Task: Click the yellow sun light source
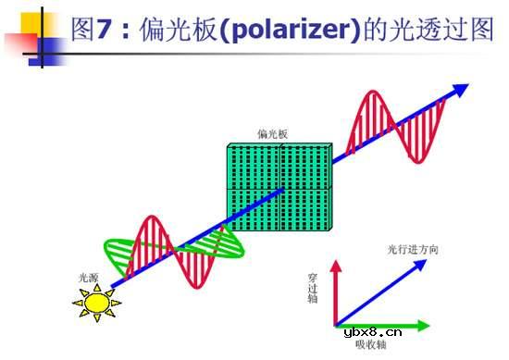(x=93, y=301)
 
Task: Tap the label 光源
(x=89, y=277)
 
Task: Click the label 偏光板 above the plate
(x=273, y=134)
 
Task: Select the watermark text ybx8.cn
(x=372, y=329)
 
